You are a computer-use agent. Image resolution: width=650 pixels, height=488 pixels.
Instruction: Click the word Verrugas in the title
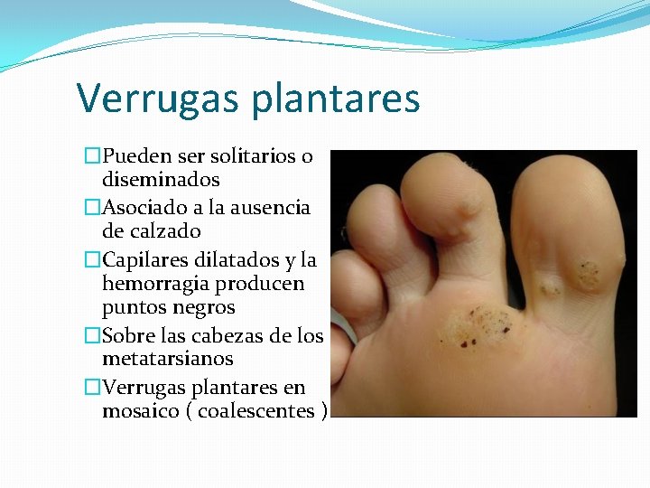[159, 99]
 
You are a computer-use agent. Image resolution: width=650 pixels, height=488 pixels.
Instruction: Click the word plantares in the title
[336, 99]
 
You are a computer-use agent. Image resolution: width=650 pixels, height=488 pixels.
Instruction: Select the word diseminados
[161, 180]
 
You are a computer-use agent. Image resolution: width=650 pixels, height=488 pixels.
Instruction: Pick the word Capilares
[144, 260]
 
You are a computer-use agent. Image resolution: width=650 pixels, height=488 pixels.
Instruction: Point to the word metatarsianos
[168, 359]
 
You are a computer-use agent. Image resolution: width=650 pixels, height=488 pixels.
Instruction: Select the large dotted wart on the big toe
[590, 271]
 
